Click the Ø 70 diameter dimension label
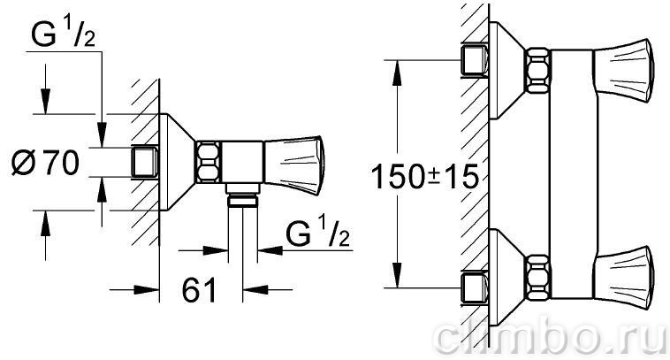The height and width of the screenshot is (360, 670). point(45,163)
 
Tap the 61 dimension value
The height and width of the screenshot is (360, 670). point(200,290)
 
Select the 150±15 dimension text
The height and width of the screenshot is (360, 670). point(425,176)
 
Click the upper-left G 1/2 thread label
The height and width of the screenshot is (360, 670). point(63,33)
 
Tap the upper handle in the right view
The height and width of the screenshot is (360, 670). point(623,71)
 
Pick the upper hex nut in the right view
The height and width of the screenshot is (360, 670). point(537,71)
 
